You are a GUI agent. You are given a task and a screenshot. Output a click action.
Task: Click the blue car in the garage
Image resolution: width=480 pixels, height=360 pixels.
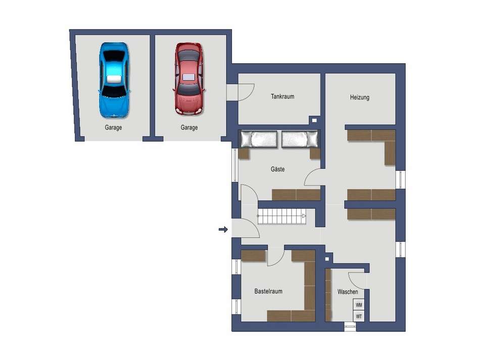[114, 80]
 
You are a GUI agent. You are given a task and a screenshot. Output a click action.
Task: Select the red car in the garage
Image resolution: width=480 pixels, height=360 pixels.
[189, 79]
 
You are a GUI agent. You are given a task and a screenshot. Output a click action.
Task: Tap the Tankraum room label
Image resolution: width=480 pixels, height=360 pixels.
[282, 97]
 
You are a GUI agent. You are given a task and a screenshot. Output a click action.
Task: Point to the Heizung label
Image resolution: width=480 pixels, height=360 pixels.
[359, 98]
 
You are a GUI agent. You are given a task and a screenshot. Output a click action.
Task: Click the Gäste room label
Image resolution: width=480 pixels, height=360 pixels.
[278, 169]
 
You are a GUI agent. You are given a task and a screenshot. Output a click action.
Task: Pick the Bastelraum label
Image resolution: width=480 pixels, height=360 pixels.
[268, 291]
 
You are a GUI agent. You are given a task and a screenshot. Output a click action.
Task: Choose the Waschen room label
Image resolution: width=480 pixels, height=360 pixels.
[348, 292]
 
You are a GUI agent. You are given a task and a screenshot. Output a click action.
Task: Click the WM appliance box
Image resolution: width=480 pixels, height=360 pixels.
[359, 305]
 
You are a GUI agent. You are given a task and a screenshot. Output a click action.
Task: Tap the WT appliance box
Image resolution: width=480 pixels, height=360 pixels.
[359, 316]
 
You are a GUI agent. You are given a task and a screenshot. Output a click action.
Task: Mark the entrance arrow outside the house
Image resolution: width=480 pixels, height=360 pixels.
[223, 229]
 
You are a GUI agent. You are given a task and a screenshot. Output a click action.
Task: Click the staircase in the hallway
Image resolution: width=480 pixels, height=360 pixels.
[281, 216]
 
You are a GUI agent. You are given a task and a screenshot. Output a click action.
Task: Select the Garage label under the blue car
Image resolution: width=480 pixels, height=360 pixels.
[113, 127]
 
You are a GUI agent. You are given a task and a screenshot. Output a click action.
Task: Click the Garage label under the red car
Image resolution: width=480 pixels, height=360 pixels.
[189, 127]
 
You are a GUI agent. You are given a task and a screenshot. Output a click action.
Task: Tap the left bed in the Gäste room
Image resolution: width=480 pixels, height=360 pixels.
[259, 140]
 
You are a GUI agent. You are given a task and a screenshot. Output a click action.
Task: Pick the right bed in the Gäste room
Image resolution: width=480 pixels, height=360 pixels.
[300, 140]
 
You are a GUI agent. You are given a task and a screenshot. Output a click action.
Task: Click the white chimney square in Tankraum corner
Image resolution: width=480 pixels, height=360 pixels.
[314, 120]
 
